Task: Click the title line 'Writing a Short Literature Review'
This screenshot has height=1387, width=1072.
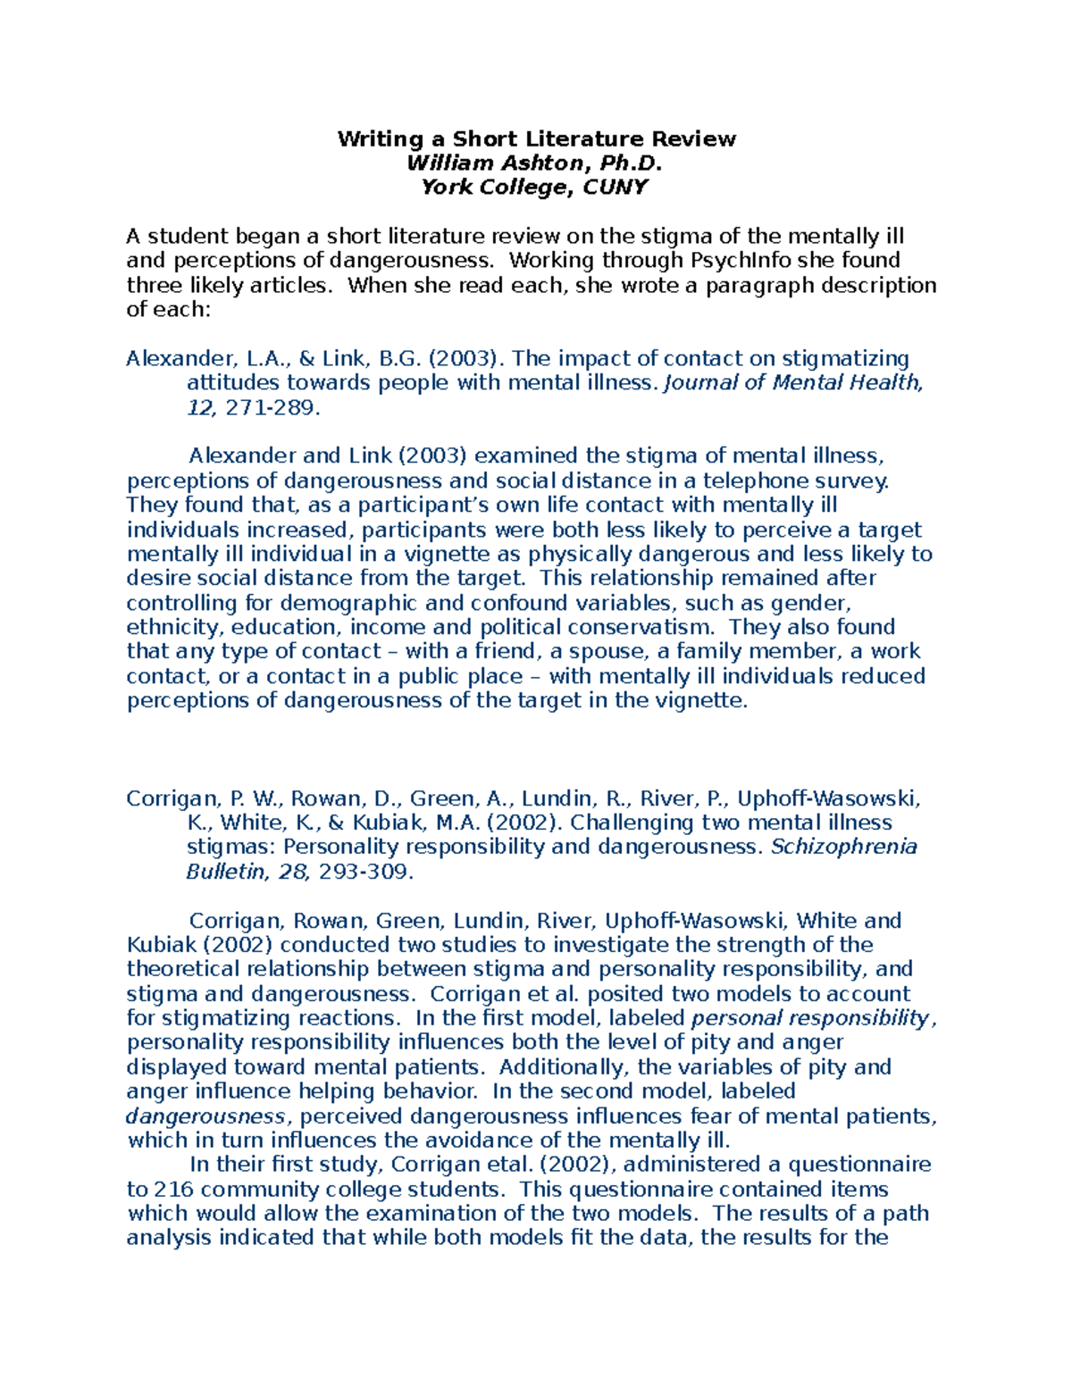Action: (x=536, y=139)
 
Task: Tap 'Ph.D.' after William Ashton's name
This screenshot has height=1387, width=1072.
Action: (x=630, y=163)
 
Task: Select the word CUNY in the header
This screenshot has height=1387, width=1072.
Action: (x=615, y=188)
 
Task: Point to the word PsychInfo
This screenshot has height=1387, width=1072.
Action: (x=734, y=261)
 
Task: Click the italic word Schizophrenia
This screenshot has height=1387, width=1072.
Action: (x=843, y=847)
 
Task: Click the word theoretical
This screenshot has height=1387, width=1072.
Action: (x=183, y=970)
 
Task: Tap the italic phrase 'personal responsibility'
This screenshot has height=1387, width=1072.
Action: (x=810, y=1018)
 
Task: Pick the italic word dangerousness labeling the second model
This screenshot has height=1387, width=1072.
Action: (x=205, y=1116)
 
